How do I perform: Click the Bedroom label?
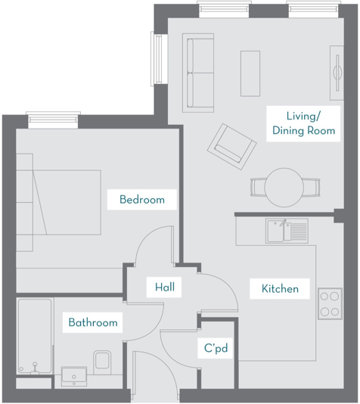coord(142,200)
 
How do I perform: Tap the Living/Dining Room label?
coord(303,123)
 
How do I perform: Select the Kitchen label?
coord(280,289)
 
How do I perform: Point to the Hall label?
coord(164,287)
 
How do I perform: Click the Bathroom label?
coord(93,323)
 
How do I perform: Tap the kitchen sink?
coord(286,231)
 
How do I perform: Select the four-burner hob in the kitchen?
coord(330,303)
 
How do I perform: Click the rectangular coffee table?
coord(250,73)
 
